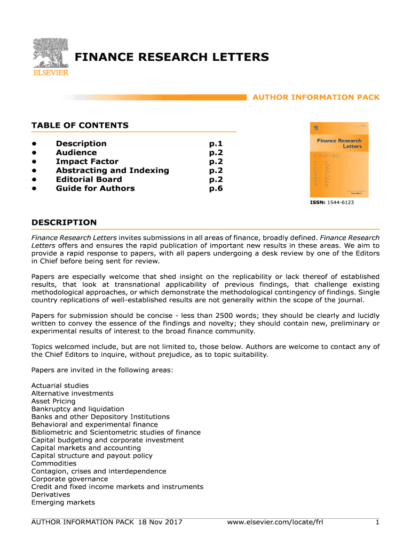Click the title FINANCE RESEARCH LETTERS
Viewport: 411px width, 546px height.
[x=171, y=57]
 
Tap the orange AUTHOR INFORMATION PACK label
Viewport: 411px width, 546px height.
[x=315, y=97]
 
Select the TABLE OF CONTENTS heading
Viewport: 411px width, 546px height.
[x=80, y=125]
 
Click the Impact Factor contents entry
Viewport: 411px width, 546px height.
[x=87, y=162]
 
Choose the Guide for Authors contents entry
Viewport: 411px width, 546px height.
[x=95, y=188]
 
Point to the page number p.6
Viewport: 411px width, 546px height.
[x=216, y=188]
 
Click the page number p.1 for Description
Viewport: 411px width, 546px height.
[x=216, y=143]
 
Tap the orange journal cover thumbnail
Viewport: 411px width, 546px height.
[x=339, y=160]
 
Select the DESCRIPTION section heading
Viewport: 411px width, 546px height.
[x=64, y=222]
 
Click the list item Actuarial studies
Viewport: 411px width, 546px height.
[x=60, y=386]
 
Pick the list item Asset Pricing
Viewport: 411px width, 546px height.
[x=53, y=401]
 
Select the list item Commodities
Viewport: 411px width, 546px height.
[x=54, y=463]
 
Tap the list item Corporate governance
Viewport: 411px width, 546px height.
[x=69, y=479]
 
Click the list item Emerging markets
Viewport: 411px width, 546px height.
[x=63, y=502]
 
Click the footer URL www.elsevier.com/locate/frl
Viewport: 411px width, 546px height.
[x=275, y=522]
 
